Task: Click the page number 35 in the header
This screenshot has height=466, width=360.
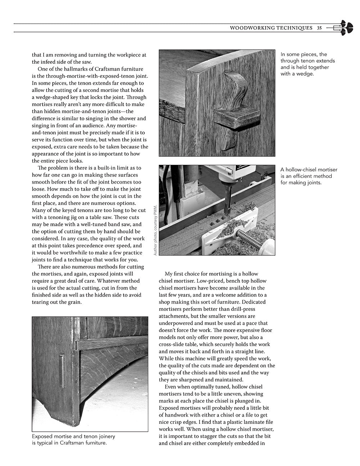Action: click(319, 28)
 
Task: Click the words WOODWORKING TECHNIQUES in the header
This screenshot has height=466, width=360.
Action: click(271, 28)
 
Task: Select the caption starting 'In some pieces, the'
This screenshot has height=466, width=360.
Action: click(307, 64)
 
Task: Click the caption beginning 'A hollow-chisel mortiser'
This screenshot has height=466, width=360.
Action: click(309, 176)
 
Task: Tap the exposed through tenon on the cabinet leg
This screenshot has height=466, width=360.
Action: click(62, 371)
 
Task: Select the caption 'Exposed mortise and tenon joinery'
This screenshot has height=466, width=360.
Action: click(73, 439)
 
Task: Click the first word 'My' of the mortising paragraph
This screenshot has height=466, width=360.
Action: click(168, 274)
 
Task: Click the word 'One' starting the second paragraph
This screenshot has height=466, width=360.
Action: click(43, 69)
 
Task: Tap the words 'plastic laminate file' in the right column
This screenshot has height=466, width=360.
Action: click(224, 422)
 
